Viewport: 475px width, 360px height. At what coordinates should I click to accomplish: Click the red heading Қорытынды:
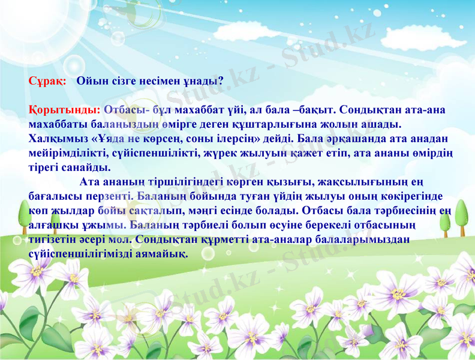pyautogui.click(x=64, y=110)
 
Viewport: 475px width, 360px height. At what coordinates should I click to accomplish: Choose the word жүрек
pyautogui.click(x=209, y=152)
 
